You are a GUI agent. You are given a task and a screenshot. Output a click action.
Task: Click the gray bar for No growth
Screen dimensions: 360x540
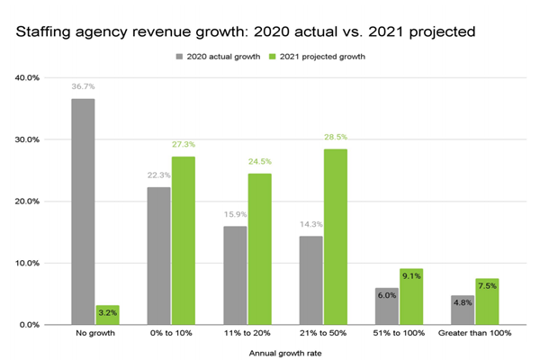click(83, 211)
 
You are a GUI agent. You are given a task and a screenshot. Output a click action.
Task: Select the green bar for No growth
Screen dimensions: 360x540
click(108, 315)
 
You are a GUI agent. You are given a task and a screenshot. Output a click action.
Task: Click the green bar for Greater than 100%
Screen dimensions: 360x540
click(487, 301)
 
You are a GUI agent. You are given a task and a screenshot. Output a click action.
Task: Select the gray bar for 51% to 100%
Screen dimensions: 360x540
click(386, 306)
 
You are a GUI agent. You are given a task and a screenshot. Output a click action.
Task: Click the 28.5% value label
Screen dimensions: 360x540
click(336, 138)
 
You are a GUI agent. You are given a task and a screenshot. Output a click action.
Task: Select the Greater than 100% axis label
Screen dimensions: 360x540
click(474, 334)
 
